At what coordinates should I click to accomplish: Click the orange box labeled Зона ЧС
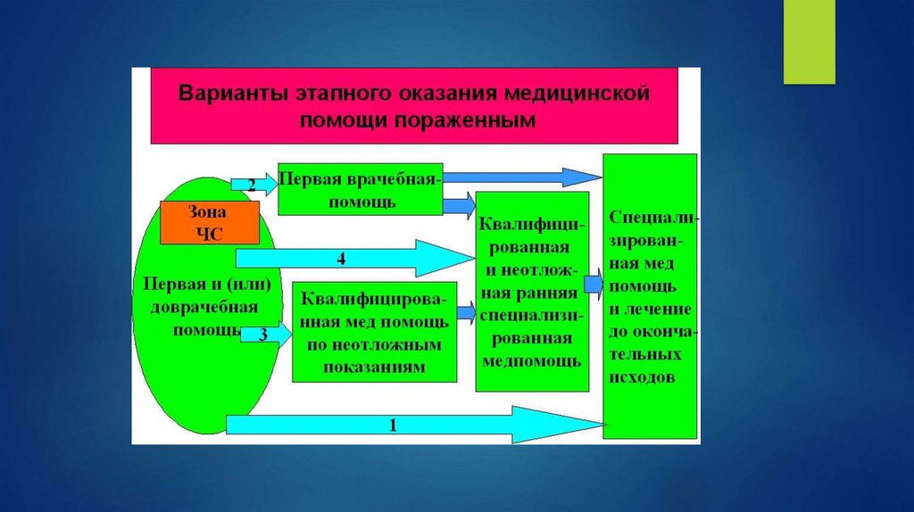[209, 222]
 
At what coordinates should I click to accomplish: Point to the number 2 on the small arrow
[251, 186]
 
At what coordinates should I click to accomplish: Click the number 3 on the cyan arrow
[262, 334]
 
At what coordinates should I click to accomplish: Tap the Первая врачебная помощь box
[361, 189]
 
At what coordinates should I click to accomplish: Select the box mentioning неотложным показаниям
[375, 331]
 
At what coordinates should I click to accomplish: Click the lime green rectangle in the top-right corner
[809, 42]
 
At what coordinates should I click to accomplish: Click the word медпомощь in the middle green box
[532, 361]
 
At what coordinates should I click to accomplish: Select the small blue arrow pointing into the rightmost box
[594, 285]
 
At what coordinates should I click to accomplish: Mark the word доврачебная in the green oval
[204, 307]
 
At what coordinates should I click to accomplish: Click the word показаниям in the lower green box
[375, 367]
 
